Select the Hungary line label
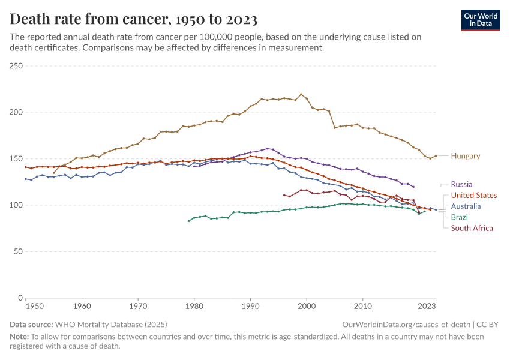466,156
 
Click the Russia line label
461,184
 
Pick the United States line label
473,195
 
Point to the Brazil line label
460,217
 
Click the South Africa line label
472,228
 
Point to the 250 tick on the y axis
16,66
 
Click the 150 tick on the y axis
16,159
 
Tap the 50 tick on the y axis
17,251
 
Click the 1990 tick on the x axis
250,306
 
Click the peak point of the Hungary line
301,94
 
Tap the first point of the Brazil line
188,221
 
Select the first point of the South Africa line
284,194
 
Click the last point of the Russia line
413,187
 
